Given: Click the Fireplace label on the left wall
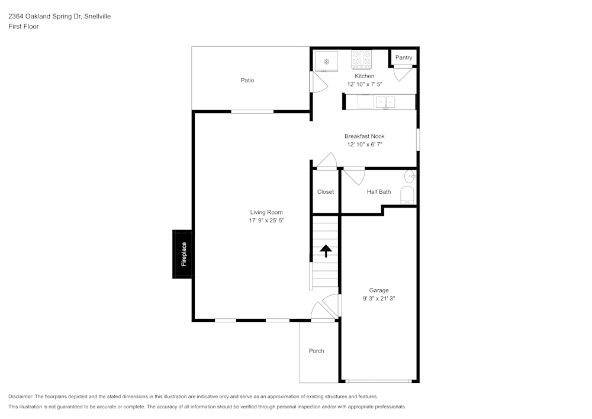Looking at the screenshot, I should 184,254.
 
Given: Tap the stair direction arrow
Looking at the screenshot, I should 325,251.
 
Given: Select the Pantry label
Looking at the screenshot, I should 404,57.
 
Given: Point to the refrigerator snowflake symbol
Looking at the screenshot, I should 326,61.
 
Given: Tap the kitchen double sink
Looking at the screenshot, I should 386,103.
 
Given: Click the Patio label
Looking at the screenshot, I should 247,80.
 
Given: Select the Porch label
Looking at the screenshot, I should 317,351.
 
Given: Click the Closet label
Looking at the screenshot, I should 326,191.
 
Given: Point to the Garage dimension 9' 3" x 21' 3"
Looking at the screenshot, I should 379,299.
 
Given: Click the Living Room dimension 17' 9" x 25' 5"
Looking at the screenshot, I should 266,220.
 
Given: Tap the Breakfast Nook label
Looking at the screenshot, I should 365,136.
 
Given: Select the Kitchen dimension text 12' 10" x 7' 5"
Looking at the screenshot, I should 365,84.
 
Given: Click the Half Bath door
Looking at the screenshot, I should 354,176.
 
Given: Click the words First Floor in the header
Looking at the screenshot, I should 24,27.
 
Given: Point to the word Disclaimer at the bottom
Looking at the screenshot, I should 21,396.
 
